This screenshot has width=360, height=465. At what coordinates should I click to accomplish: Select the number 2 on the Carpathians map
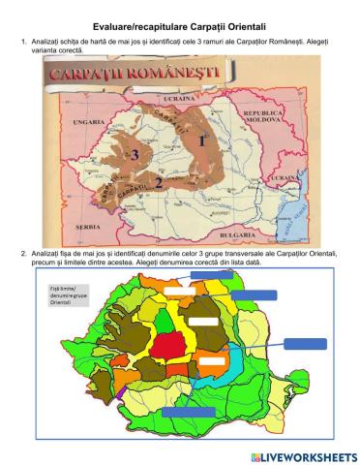pyautogui.click(x=158, y=180)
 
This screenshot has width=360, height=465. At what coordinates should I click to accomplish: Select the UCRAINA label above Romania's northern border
pyautogui.click(x=180, y=99)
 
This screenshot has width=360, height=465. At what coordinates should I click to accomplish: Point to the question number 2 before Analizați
pyautogui.click(x=22, y=253)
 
